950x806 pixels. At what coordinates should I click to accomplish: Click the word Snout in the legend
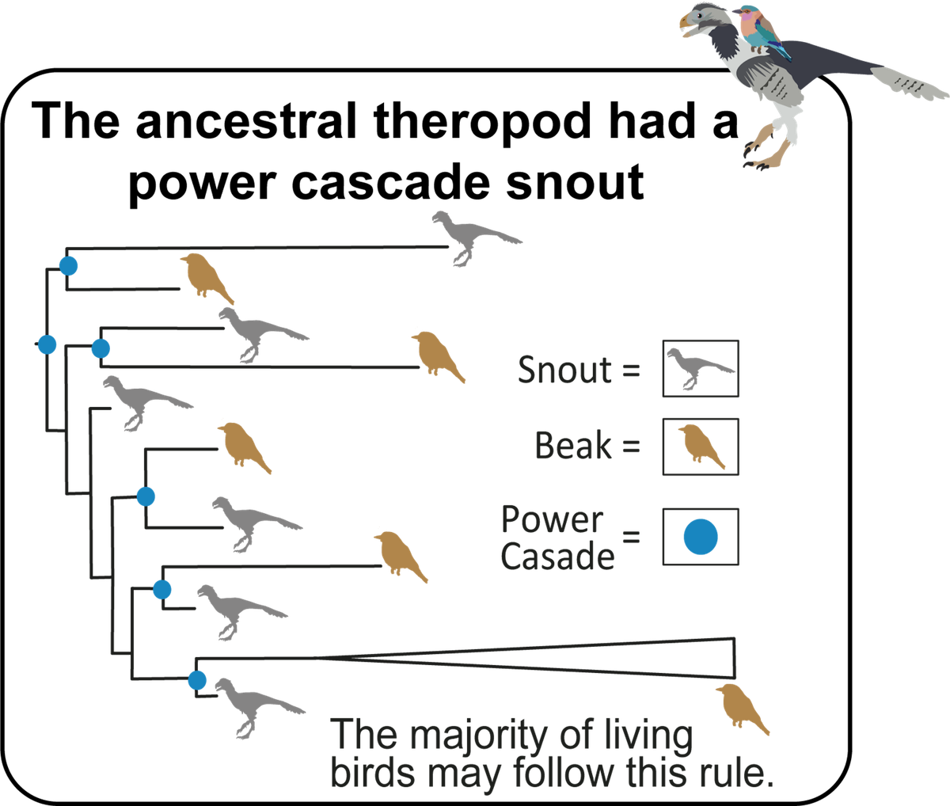point(564,370)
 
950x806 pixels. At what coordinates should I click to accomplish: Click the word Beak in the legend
point(573,446)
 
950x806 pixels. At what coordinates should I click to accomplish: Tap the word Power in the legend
point(553,519)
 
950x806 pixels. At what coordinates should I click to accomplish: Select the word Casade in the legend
point(557,557)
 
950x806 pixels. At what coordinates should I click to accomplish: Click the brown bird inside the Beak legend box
point(700,447)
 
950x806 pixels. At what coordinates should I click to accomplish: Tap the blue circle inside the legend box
point(701,536)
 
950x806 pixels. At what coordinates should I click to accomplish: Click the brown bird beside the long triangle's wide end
point(741,708)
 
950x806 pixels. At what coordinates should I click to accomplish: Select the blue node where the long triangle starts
point(196,679)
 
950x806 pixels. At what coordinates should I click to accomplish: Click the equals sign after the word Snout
point(631,371)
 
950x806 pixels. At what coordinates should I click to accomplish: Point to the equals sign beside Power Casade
point(631,538)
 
